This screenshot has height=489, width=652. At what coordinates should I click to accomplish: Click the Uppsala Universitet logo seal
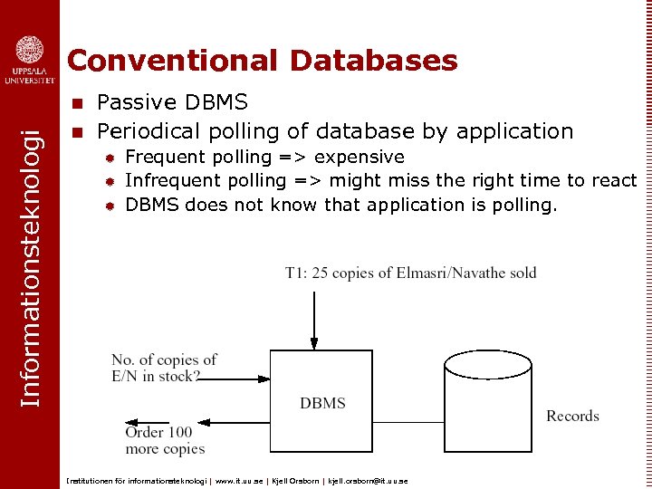(30, 50)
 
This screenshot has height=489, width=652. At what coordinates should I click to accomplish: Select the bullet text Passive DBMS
(172, 101)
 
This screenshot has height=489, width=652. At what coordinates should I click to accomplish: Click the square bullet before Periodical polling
(78, 132)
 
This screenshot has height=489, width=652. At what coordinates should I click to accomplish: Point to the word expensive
(359, 157)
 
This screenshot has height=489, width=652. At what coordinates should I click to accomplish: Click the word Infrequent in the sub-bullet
(169, 180)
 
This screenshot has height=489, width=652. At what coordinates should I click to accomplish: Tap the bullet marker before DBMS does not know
(109, 206)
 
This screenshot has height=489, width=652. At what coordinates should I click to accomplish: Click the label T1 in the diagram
(295, 273)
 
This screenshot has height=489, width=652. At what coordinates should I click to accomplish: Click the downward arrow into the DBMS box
(313, 317)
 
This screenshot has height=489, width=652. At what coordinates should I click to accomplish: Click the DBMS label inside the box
(322, 403)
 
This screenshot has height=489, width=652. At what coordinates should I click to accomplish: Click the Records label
(572, 417)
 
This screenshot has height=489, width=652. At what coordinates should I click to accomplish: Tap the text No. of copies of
(164, 360)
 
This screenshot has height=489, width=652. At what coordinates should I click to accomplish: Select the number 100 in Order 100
(180, 433)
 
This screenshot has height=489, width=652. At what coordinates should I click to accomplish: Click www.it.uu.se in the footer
(238, 480)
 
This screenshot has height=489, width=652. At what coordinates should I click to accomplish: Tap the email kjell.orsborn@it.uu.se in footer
(367, 480)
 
